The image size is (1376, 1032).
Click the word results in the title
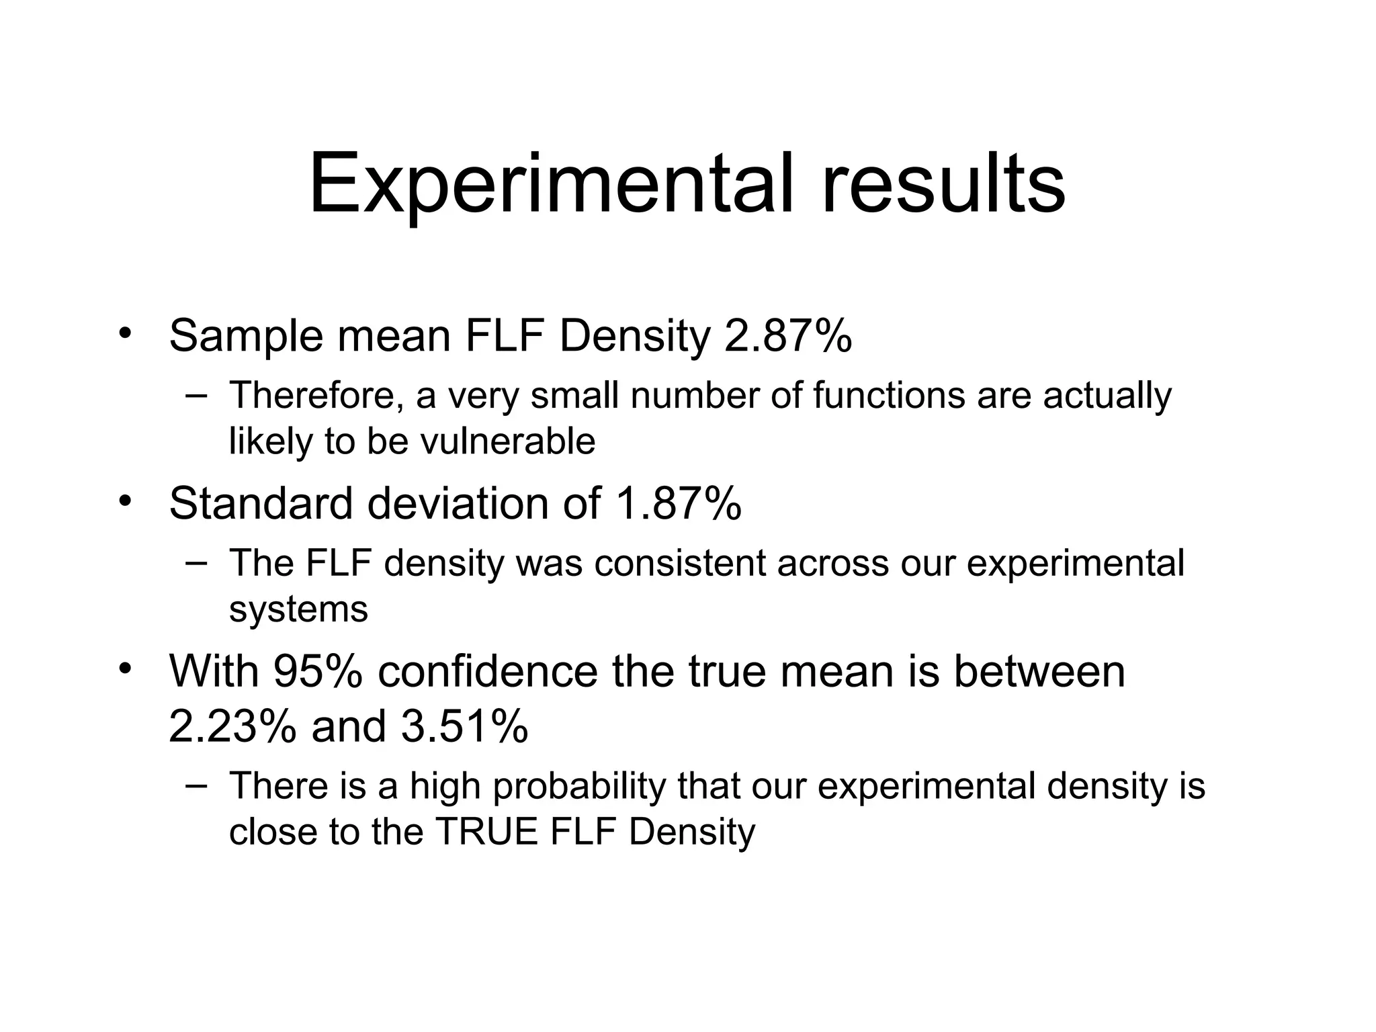(x=943, y=183)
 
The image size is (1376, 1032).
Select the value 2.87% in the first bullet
(x=788, y=336)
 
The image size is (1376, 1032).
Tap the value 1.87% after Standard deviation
(x=678, y=503)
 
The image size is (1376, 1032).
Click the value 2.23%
(x=232, y=726)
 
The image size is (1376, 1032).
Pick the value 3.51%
(x=464, y=726)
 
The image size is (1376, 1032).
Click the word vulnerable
(x=508, y=441)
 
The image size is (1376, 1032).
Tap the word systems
(x=298, y=609)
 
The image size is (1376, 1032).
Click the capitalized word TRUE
(x=487, y=832)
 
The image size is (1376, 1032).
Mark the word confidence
(x=487, y=671)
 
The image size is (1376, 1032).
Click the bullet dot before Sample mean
(x=124, y=334)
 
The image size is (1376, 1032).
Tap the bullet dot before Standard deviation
(x=124, y=501)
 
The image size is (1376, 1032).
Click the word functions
(x=889, y=395)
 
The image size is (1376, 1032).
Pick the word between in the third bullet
(x=1039, y=671)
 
